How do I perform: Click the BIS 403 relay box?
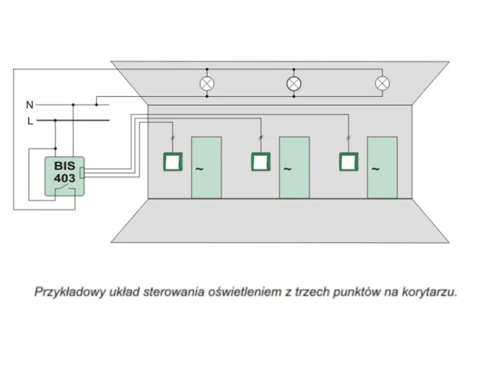coord(64,176)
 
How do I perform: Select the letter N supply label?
coord(29,105)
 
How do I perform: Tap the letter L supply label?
coord(30,121)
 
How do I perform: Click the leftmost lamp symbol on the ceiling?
coord(207,83)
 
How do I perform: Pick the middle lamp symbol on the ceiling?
coord(294,83)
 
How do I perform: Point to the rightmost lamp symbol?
coord(382,83)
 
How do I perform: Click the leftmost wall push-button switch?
coord(173,162)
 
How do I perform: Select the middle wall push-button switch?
coord(261,162)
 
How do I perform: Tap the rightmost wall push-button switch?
coord(349,162)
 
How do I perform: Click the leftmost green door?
coord(207,167)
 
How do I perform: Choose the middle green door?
coord(294,167)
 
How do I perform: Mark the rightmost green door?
coord(382,167)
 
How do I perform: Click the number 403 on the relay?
coord(64,178)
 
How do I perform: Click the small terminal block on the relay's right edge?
coord(82,173)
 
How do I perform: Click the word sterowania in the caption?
coord(174,292)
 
